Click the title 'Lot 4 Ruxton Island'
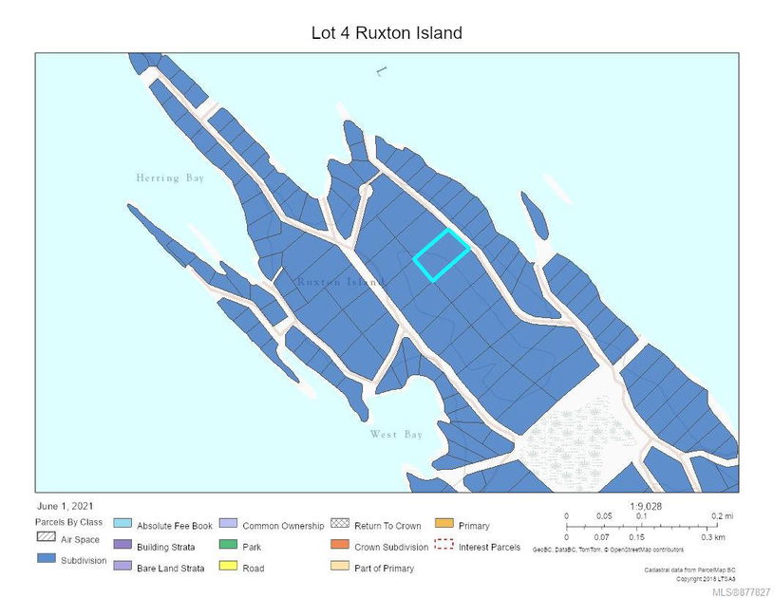point(387,33)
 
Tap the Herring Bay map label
point(170,178)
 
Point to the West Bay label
point(396,435)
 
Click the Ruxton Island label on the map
point(339,283)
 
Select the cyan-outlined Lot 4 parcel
point(441,255)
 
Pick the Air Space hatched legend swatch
point(45,539)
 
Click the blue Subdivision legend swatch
point(45,560)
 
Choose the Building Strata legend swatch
point(122,546)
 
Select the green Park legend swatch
point(228,546)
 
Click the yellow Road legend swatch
point(228,568)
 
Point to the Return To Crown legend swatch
point(339,525)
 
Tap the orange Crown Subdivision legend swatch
point(339,546)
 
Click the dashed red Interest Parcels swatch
point(444,546)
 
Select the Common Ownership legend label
point(283,525)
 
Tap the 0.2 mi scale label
point(722,516)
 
